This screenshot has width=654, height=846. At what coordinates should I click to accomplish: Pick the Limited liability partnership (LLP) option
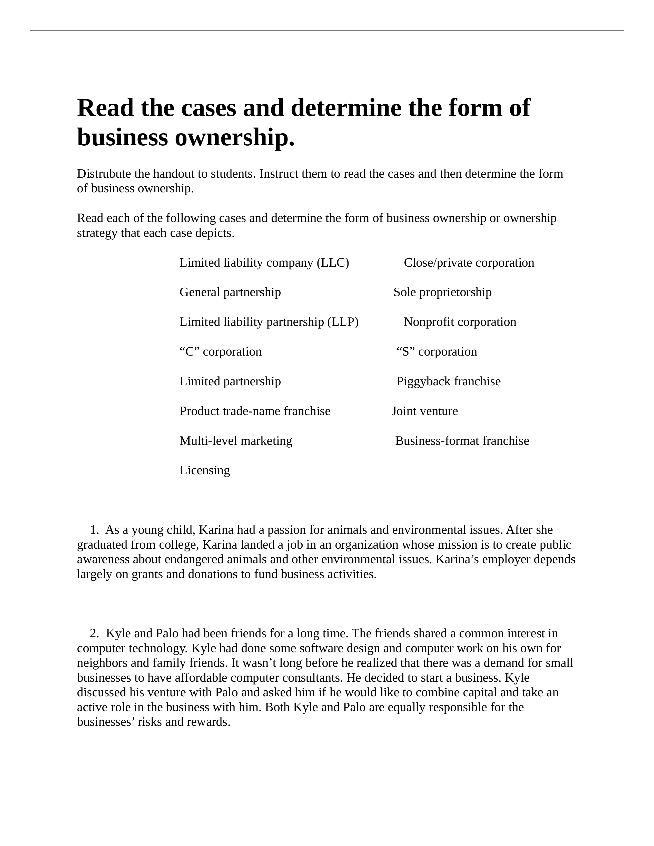pos(269,322)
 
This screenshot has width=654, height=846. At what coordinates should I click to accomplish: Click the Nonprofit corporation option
pos(460,322)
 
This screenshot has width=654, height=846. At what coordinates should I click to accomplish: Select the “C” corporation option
pos(221,352)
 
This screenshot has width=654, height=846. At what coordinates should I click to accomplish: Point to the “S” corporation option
pos(437,352)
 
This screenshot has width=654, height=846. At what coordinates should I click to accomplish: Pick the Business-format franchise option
pos(462,441)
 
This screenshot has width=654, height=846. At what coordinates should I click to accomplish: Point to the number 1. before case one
pos(94,530)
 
